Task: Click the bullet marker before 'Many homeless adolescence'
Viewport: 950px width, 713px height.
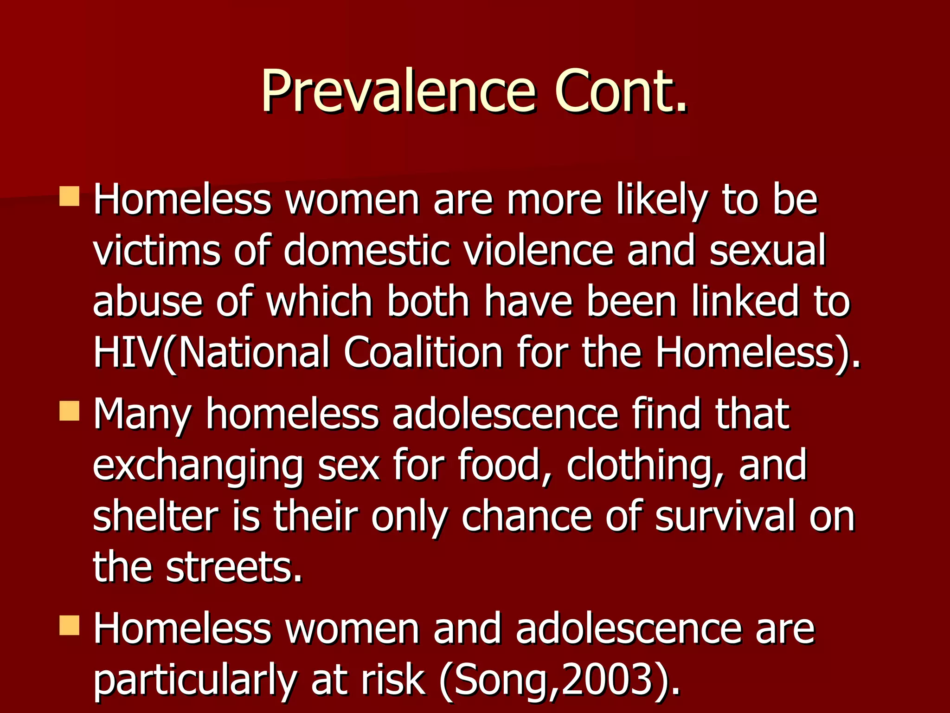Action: point(70,411)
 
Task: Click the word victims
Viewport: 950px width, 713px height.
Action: point(157,251)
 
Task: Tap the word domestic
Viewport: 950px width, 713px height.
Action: point(366,251)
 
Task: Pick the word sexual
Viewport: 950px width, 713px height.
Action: point(767,251)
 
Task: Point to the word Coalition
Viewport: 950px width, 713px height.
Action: point(423,353)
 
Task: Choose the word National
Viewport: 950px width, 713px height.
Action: point(253,353)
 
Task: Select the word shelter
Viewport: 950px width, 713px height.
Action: point(155,516)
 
